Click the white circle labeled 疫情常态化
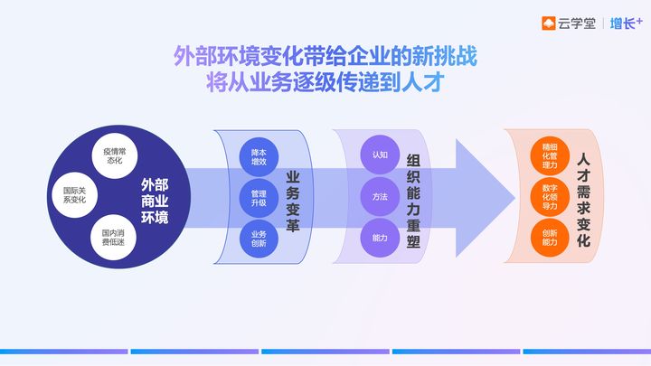click(x=115, y=156)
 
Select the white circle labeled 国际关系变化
click(x=75, y=195)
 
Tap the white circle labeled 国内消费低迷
click(x=113, y=238)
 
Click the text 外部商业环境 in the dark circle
click(x=155, y=202)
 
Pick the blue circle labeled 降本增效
click(x=259, y=157)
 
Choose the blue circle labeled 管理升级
click(x=259, y=198)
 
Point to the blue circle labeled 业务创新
click(x=259, y=239)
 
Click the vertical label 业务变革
click(x=293, y=202)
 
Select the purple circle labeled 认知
click(x=380, y=155)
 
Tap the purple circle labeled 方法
click(x=380, y=197)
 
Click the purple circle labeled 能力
click(x=380, y=238)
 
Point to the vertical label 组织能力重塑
click(x=413, y=201)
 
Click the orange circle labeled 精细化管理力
click(x=550, y=156)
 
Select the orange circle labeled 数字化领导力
click(x=550, y=197)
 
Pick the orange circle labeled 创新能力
click(x=550, y=238)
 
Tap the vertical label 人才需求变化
click(x=584, y=201)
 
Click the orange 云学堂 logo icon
click(x=549, y=23)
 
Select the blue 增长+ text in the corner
click(x=626, y=23)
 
